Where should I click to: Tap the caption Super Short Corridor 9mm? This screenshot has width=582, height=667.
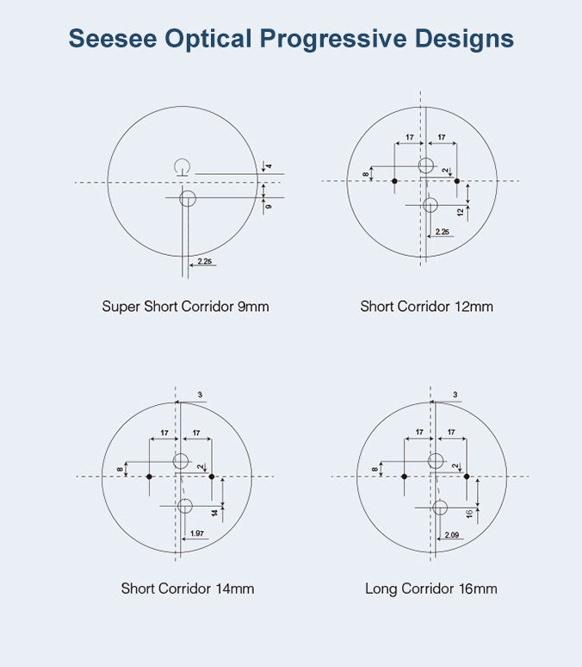185,306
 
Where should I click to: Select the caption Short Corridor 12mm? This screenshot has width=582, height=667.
426,306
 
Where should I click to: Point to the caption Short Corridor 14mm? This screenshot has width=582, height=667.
187,589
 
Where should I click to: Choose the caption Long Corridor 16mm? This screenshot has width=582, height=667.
430,589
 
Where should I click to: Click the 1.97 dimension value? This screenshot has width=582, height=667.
196,534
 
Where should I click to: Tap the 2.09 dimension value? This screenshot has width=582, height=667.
452,536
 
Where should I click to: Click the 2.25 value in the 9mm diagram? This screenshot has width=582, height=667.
205,260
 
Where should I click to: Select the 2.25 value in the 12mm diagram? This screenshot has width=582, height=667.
443,232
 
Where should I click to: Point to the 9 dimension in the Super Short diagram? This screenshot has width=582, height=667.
269,206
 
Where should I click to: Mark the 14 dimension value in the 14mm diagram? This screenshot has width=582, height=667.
215,512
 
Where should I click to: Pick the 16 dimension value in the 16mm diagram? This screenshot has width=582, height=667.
469,514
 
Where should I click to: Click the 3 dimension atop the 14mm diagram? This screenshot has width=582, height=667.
200,395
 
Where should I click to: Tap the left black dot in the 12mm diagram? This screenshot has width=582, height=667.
393,181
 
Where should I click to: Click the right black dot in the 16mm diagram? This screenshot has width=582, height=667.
467,476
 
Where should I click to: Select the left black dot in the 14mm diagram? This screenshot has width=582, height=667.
150,477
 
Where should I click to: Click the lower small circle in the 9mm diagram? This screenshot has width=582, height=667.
188,199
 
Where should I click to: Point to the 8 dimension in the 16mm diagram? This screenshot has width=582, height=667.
375,470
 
